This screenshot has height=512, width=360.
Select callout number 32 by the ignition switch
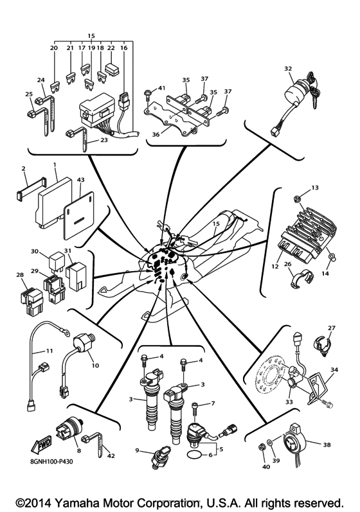coord(288,67)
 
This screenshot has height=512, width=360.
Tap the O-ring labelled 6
coord(190,456)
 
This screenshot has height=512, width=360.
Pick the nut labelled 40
coord(263,446)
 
